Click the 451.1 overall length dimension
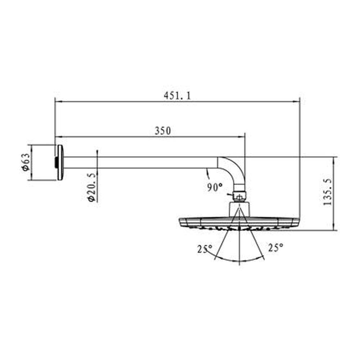coord(177,96)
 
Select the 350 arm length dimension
coord(163,131)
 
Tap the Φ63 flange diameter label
coord(26,162)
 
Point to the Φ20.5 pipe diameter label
coord(91,187)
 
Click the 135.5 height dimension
coord(327,192)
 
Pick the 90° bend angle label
coord(215,187)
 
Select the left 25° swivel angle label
coord(205,249)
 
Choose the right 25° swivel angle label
coord(275,248)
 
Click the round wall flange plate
coord(59,162)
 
